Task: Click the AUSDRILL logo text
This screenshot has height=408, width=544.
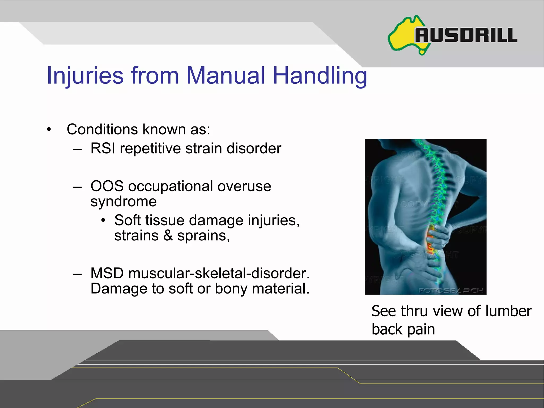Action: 466,35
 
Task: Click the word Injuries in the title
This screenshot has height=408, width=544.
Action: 85,76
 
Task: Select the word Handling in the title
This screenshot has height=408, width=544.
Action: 320,76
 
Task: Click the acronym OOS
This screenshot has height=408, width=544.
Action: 107,186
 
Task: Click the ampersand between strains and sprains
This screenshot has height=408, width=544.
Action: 168,236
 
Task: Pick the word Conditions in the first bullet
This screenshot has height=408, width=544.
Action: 102,129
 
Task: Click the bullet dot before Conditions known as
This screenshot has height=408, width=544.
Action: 49,130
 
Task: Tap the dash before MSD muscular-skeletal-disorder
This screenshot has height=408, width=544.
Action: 77,274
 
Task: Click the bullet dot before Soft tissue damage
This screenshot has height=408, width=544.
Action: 103,220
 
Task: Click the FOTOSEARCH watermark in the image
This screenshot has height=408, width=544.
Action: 450,290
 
